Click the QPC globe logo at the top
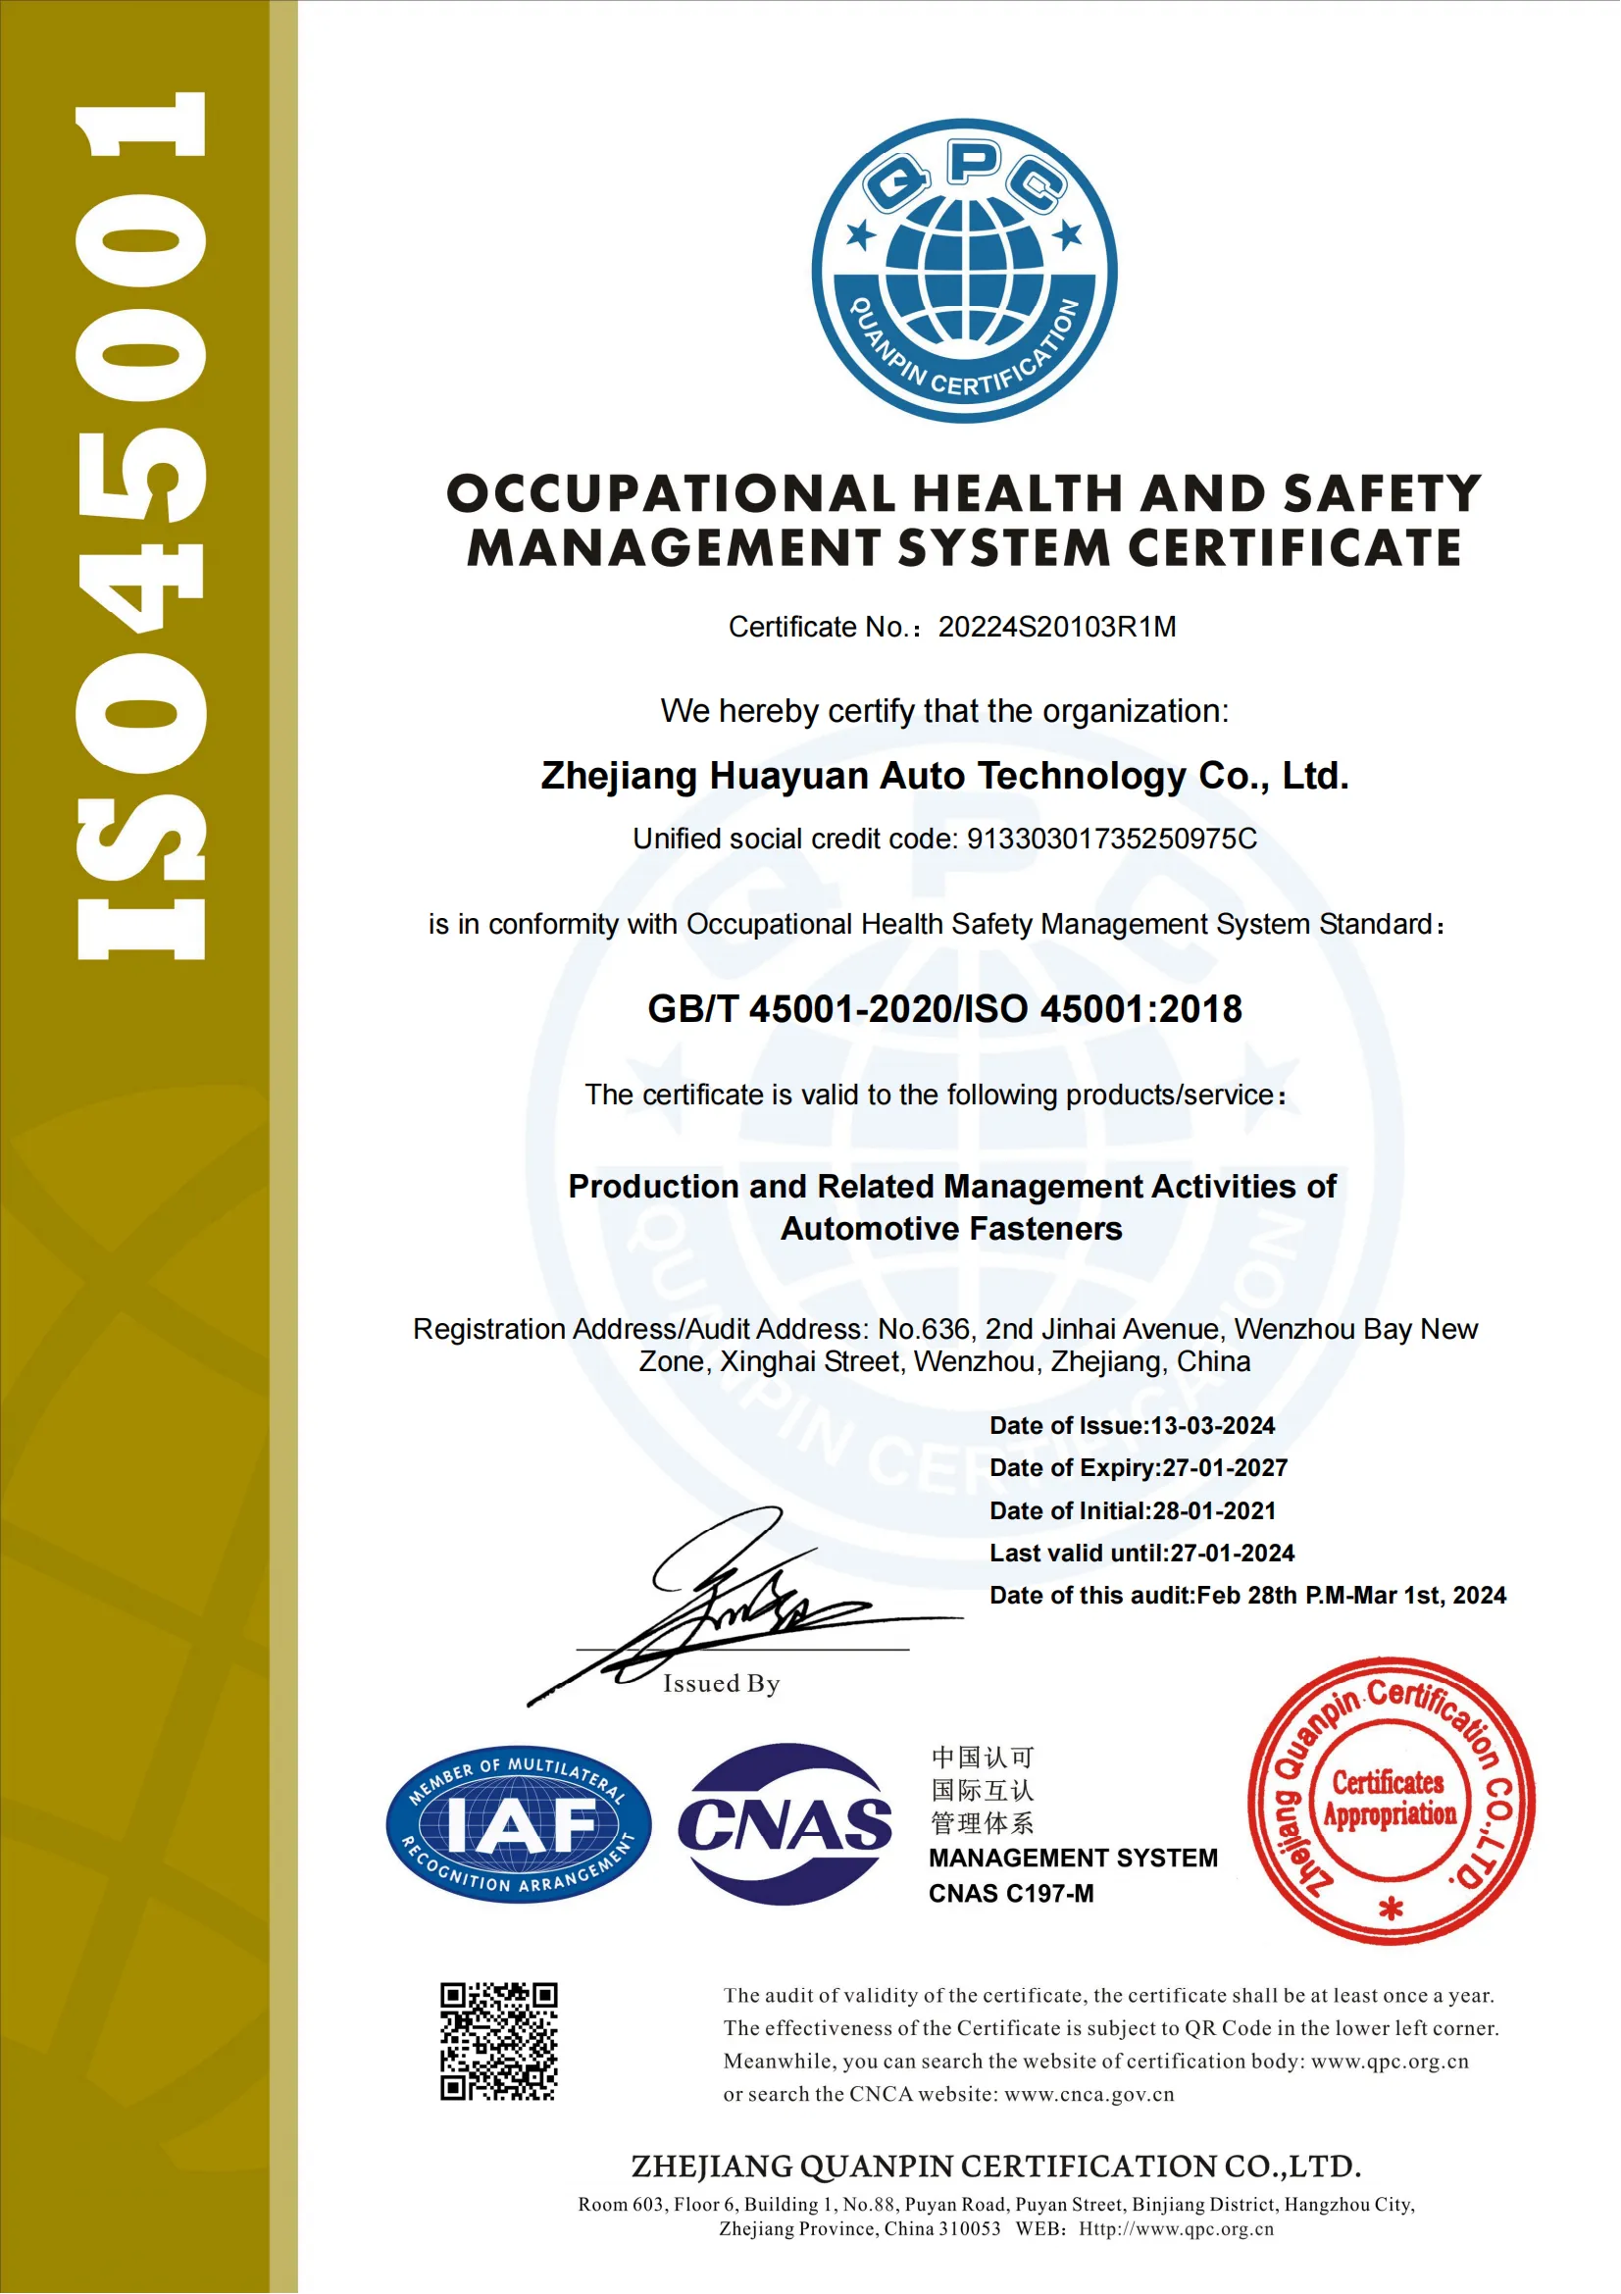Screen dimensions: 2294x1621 (x=964, y=271)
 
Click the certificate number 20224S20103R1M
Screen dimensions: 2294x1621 (x=1057, y=627)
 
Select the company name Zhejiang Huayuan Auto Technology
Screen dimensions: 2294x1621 (x=943, y=776)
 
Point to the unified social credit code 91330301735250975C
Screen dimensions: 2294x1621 (x=1112, y=839)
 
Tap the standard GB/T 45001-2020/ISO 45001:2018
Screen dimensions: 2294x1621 (x=943, y=1009)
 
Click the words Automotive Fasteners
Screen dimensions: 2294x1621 (x=951, y=1229)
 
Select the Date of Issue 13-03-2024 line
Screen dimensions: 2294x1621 (x=1132, y=1426)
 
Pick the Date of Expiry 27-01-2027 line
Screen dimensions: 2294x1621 (x=1138, y=1468)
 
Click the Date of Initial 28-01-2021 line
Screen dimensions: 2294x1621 (x=1132, y=1510)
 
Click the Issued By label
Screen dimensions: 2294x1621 (x=721, y=1684)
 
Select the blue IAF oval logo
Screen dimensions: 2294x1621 (x=519, y=1824)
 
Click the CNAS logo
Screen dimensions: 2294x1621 (x=785, y=1824)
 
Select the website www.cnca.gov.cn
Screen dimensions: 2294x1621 (x=1089, y=2094)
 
